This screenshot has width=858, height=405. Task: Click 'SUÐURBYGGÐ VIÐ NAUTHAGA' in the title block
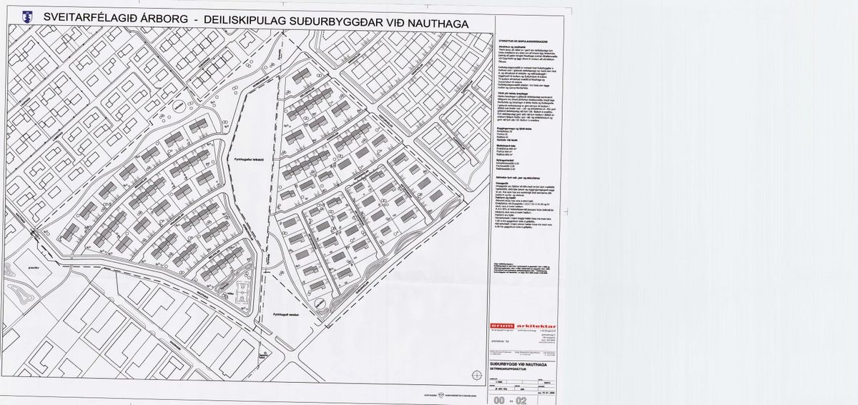click(520, 364)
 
